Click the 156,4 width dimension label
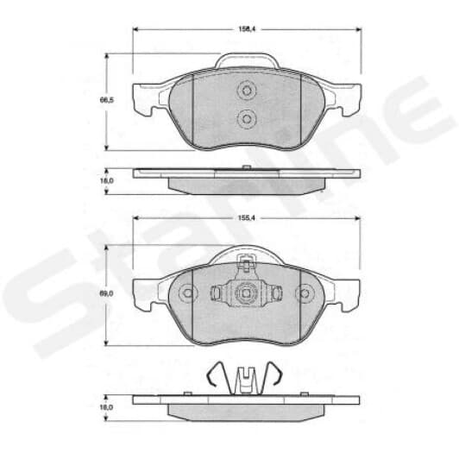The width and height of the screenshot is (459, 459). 246,29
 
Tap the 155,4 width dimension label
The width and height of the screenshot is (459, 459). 246,220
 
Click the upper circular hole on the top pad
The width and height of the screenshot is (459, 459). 246,90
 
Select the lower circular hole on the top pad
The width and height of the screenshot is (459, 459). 246,118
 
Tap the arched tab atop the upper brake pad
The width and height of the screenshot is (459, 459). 246,60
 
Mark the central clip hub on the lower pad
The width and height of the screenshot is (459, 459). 246,292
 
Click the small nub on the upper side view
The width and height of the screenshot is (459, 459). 247,166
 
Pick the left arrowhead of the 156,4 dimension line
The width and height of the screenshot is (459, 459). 136,29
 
